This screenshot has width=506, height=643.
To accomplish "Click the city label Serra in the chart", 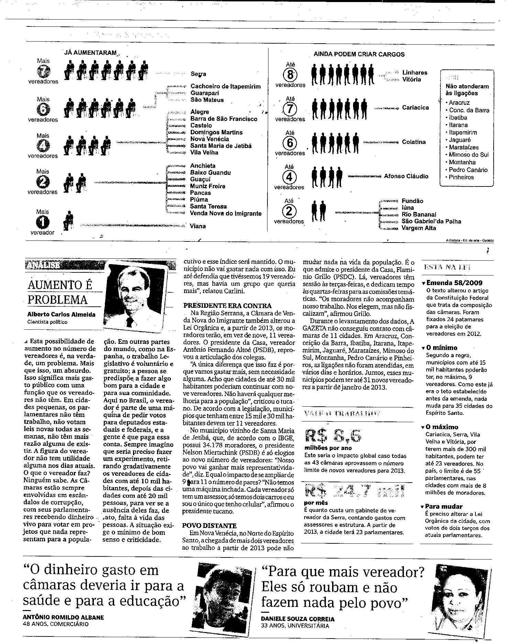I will (x=198, y=74).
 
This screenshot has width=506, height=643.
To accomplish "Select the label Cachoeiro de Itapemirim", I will (x=225, y=87).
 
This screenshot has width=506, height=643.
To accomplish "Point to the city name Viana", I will (x=198, y=226).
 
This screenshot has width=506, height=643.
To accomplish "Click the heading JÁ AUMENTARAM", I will (x=90, y=53).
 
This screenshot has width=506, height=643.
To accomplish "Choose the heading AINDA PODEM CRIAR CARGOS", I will (x=359, y=54).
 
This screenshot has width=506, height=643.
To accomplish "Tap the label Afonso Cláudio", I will (x=406, y=176).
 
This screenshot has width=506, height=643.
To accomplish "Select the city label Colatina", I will (x=414, y=142).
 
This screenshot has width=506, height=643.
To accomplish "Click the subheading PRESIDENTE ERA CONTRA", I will (x=227, y=306).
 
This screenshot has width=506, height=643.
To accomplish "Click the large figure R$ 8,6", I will (x=333, y=436).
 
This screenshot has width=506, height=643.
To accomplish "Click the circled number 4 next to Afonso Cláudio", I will (x=289, y=177).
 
